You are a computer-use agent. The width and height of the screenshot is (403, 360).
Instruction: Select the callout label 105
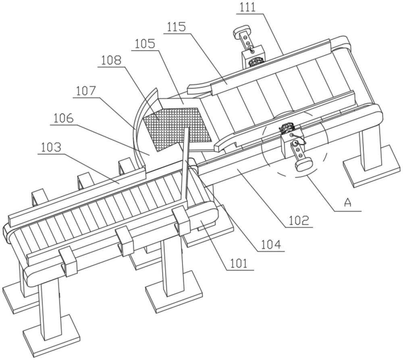coord(144,43)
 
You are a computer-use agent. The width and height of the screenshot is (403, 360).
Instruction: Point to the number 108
coord(111,60)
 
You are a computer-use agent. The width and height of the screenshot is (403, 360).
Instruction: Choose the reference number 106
coord(64,118)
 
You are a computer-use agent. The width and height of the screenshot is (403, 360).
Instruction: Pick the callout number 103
coord(51,147)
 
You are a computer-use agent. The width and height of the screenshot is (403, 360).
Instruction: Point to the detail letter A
coord(347,203)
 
